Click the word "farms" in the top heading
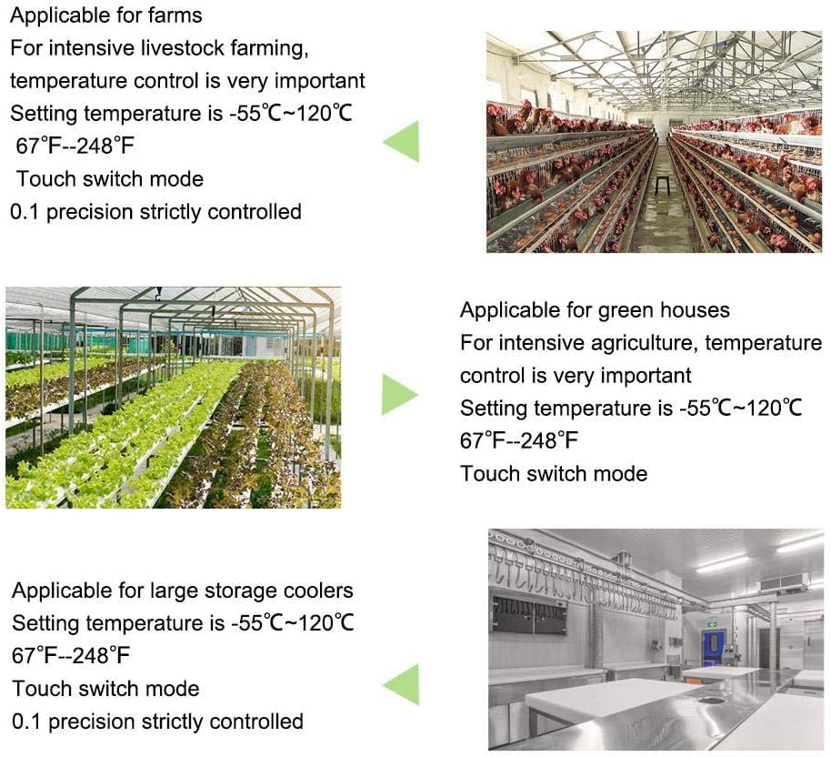pos(174,15)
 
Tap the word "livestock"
pos(165,47)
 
